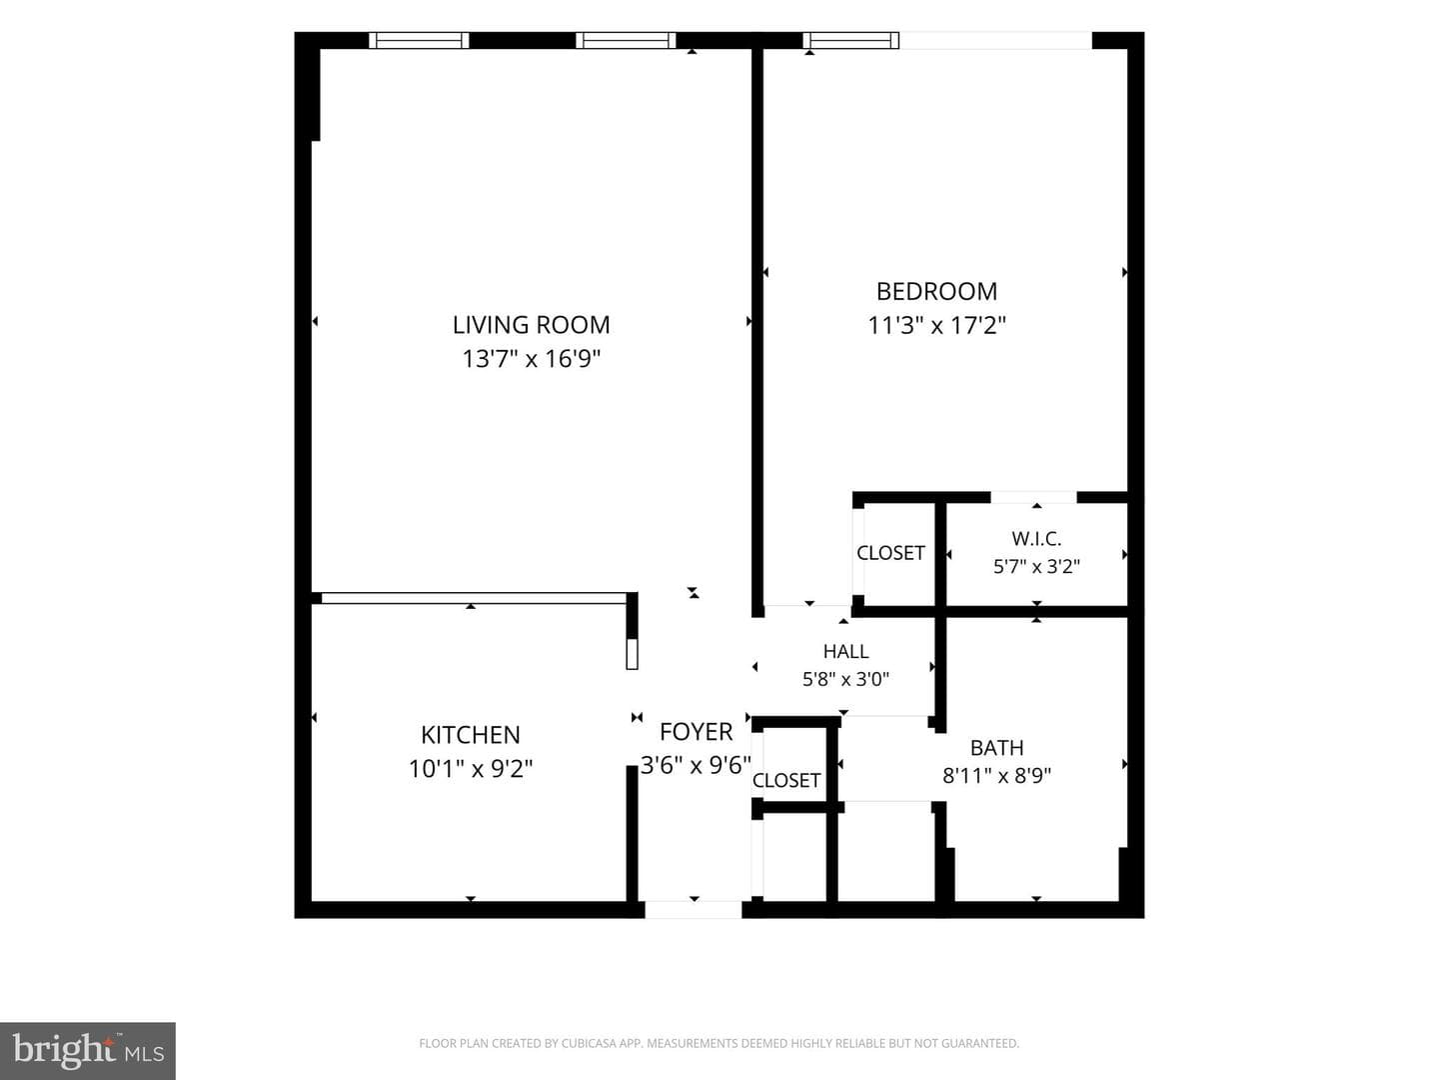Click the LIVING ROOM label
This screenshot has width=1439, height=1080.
point(531,325)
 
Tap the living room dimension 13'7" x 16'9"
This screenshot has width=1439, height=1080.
point(531,359)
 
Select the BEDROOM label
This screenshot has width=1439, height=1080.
point(936,291)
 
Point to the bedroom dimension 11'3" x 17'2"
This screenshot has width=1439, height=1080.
point(936,325)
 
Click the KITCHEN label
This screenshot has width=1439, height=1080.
point(470,735)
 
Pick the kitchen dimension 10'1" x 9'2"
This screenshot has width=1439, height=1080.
point(470,769)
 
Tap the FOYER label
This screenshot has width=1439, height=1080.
point(696,732)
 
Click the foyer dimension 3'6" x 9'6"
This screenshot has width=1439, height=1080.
point(696,765)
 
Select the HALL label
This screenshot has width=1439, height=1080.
point(845,651)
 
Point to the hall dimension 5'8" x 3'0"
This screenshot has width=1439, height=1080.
point(845,679)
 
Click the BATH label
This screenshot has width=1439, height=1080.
point(996,748)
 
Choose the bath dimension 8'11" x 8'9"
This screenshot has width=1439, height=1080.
point(996,776)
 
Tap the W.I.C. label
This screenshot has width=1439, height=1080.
point(1036,538)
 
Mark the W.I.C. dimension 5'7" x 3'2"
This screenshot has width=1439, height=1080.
point(1036,566)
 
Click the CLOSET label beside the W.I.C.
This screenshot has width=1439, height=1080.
point(890,553)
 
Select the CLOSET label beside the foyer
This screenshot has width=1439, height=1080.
point(786,780)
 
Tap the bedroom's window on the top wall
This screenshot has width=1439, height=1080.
point(851,40)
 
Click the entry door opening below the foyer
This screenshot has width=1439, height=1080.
point(694,910)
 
